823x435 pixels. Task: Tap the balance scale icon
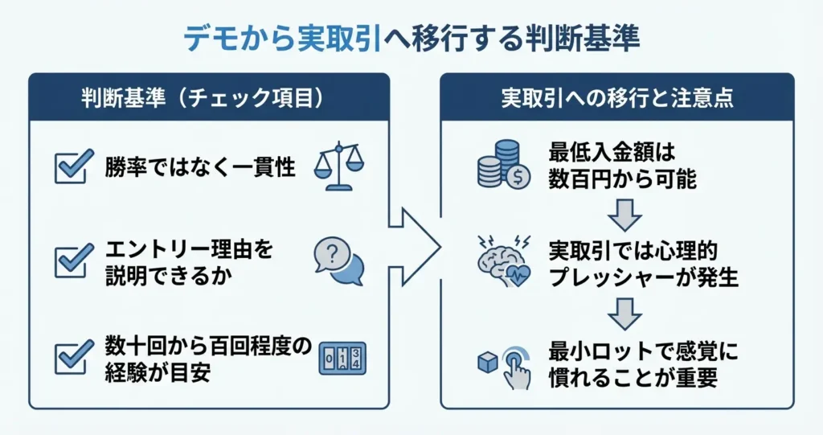pyautogui.click(x=338, y=166)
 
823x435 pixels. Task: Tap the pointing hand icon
pyautogui.click(x=514, y=366)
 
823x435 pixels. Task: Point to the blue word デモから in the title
pyautogui.click(x=231, y=38)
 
